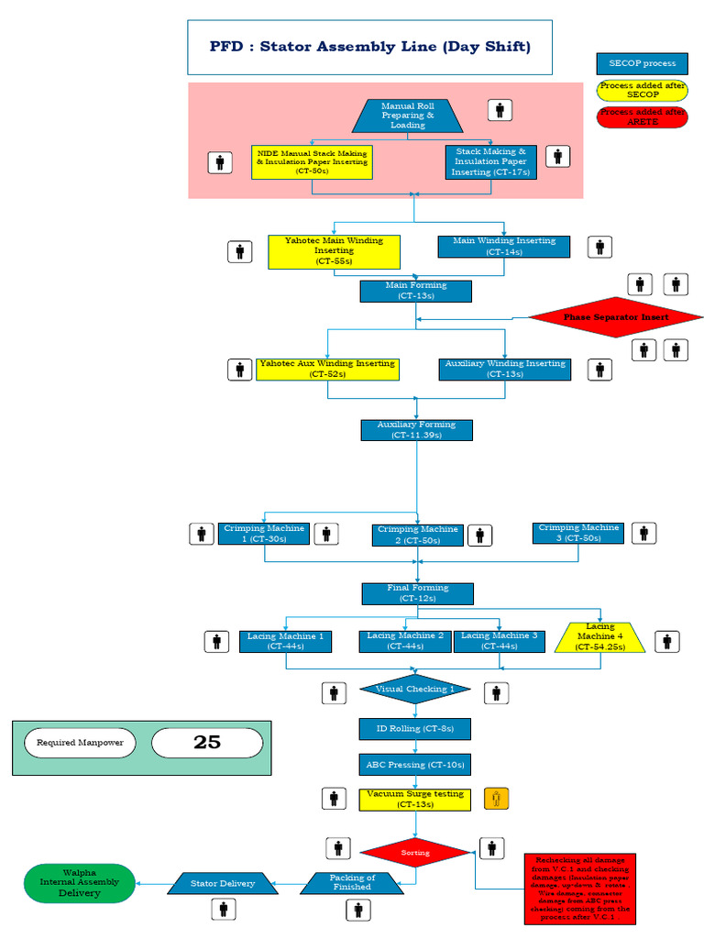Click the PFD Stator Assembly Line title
pos(369,47)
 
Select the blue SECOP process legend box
pos(642,63)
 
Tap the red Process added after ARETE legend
pos(642,116)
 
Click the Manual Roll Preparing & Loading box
pos(408,116)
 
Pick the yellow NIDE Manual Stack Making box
pos(312,161)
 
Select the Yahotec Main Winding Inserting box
pos(327,251)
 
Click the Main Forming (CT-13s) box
pos(415,291)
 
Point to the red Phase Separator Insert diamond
pos(616,317)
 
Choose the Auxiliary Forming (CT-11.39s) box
pos(416,430)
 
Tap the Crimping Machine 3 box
pos(578,533)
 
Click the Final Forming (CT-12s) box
pos(417,593)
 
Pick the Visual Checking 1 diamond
pos(415,690)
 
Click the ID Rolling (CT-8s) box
pos(415,729)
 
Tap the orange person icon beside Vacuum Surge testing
pos(496,799)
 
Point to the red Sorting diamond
pos(415,852)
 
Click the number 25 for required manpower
pos(207,743)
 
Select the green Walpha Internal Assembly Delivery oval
pos(79,883)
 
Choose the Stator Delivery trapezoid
pos(223,884)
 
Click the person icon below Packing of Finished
pos(358,910)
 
